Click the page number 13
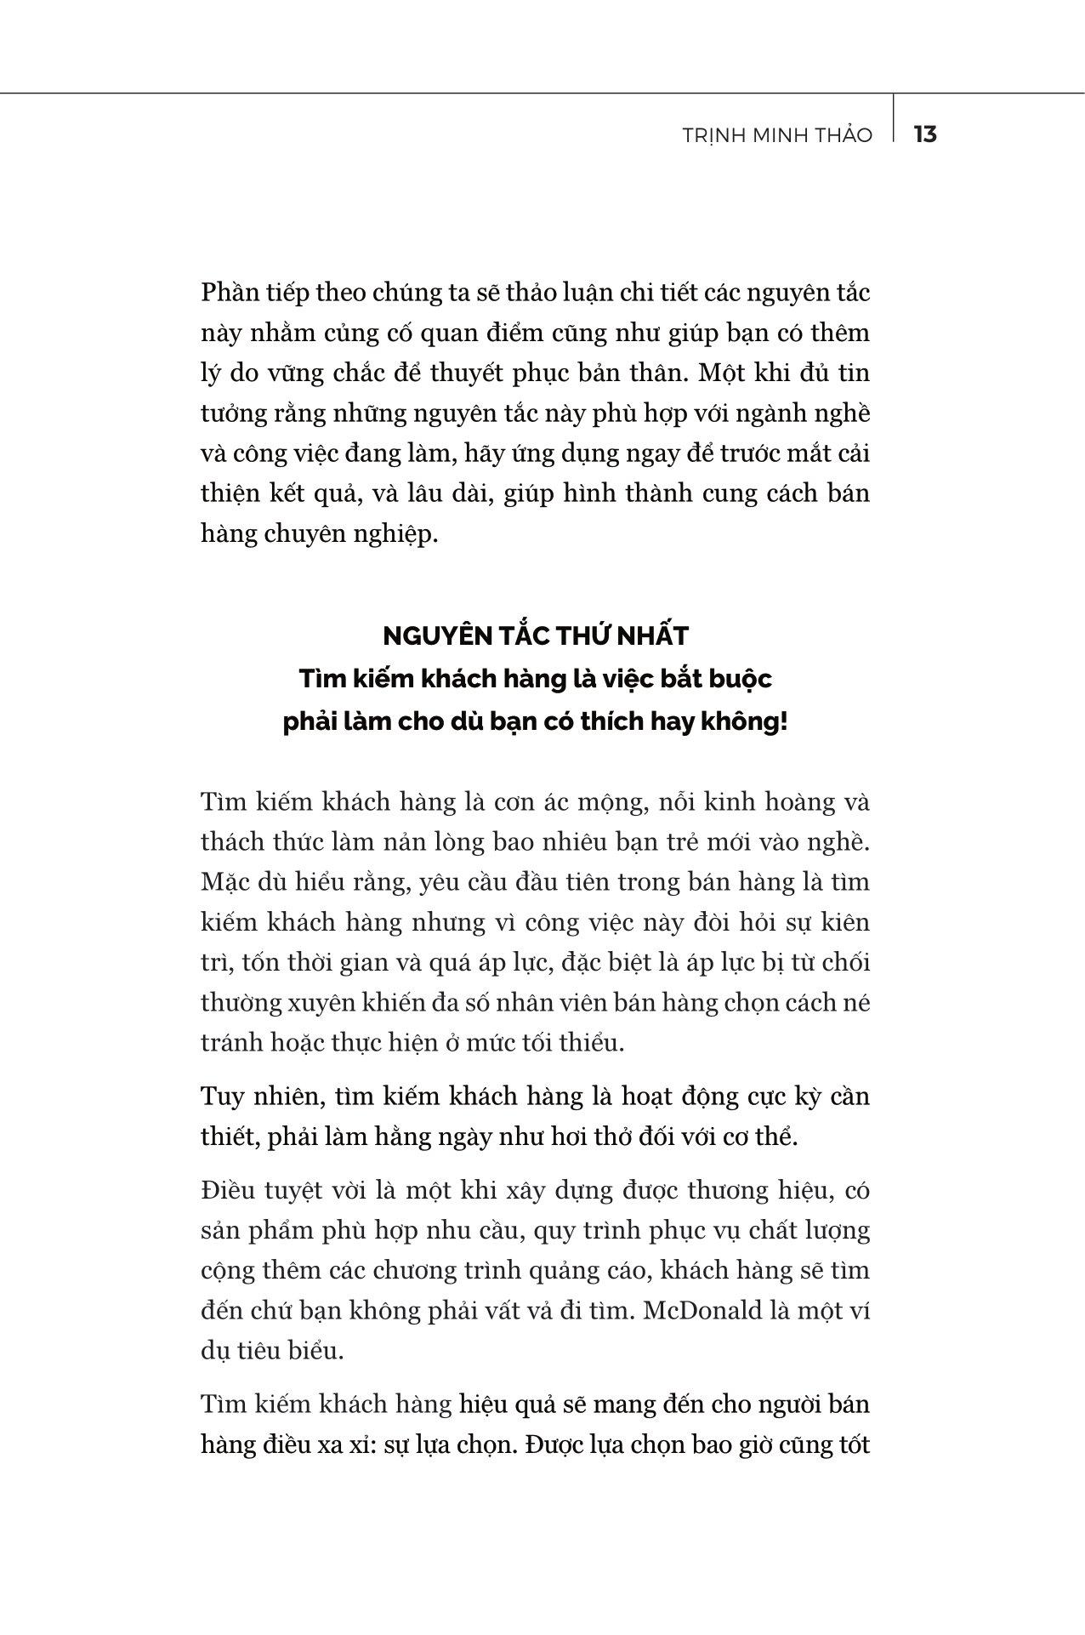click(x=925, y=134)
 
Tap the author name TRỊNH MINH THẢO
click(x=777, y=135)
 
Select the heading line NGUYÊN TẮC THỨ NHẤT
click(x=536, y=635)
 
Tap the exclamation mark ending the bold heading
click(x=783, y=723)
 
